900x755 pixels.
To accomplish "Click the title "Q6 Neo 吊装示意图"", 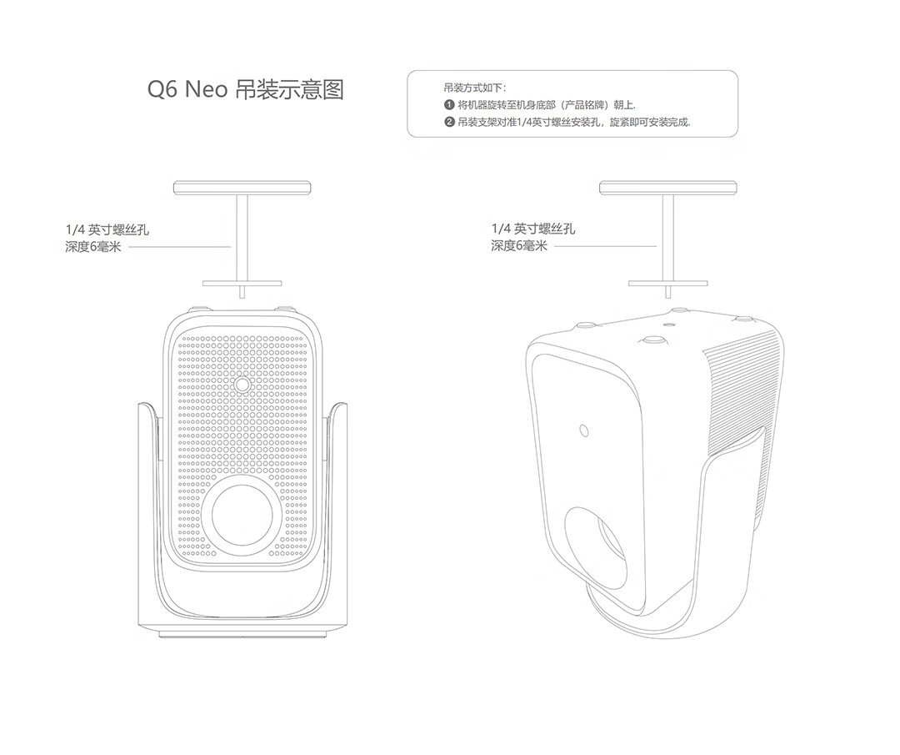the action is tap(246, 89).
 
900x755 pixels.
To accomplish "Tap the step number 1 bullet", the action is tap(449, 105).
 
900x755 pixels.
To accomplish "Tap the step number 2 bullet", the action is tap(449, 122).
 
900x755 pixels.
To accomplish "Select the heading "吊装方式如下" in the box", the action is tap(475, 88).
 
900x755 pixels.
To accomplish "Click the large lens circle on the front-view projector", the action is tap(242, 513).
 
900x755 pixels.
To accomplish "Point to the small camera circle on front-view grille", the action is tap(242, 384).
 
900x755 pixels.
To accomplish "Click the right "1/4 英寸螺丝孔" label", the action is tap(533, 229).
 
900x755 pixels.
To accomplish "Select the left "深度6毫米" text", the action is tap(93, 247).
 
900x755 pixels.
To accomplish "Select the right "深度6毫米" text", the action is tap(519, 246).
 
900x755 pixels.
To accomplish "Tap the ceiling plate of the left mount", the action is tap(242, 188).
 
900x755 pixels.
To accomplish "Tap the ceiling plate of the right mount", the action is tap(667, 188).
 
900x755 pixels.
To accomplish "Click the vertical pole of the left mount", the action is tap(242, 238).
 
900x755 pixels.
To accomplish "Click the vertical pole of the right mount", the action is tap(667, 238).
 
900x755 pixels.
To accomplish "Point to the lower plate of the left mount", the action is tap(242, 284).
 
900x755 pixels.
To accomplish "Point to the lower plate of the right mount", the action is tap(667, 284).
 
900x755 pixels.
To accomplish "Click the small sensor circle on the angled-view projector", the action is tap(583, 430).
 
